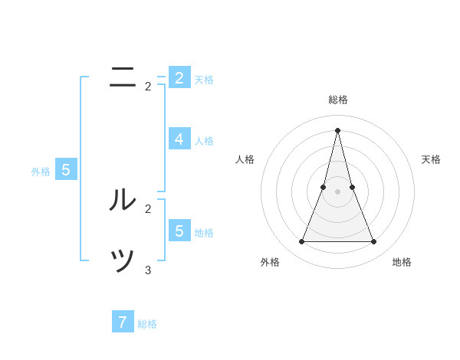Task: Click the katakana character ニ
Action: point(123,77)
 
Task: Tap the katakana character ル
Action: point(123,200)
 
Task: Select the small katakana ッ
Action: point(123,261)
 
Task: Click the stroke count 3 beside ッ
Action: point(148,270)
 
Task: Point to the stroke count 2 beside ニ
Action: point(148,87)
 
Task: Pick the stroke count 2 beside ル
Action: point(148,208)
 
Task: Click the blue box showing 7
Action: point(123,322)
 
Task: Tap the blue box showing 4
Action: point(179,139)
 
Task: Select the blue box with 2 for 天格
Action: point(179,78)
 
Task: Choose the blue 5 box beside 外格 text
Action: point(66,170)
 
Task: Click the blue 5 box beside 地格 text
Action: point(179,231)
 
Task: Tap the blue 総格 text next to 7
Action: point(147,324)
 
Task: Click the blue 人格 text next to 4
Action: point(204,141)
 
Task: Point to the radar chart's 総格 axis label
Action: point(338,100)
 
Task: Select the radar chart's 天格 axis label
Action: point(431,159)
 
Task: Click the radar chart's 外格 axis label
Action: point(270,262)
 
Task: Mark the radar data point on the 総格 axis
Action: point(337,129)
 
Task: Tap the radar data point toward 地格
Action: point(374,242)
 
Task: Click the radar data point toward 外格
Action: point(301,242)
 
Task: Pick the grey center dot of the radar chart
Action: point(337,191)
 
